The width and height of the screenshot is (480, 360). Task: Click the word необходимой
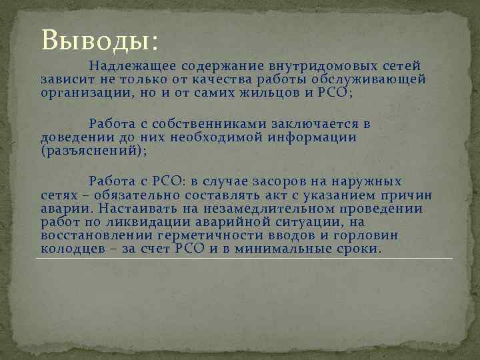click(x=189, y=137)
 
